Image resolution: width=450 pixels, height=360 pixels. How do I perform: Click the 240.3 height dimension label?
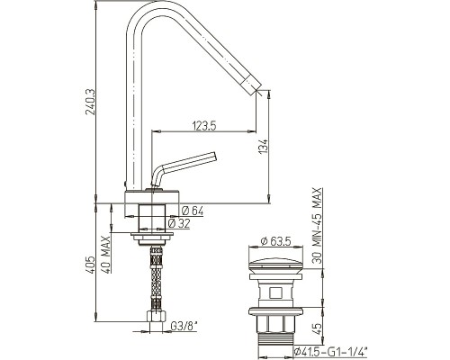[90, 102]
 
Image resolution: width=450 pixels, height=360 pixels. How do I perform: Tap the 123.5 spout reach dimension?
[204, 126]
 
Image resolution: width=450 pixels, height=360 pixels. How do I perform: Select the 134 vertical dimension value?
[263, 146]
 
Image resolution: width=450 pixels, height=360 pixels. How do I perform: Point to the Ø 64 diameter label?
[193, 211]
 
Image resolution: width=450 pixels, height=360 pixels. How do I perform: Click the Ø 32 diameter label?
[179, 223]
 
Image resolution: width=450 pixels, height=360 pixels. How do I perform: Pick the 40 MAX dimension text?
[105, 254]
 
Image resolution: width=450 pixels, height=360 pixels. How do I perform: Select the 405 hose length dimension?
[90, 265]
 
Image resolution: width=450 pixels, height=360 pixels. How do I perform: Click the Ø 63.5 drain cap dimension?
[275, 241]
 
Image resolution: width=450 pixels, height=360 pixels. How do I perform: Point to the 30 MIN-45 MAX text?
[317, 226]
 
